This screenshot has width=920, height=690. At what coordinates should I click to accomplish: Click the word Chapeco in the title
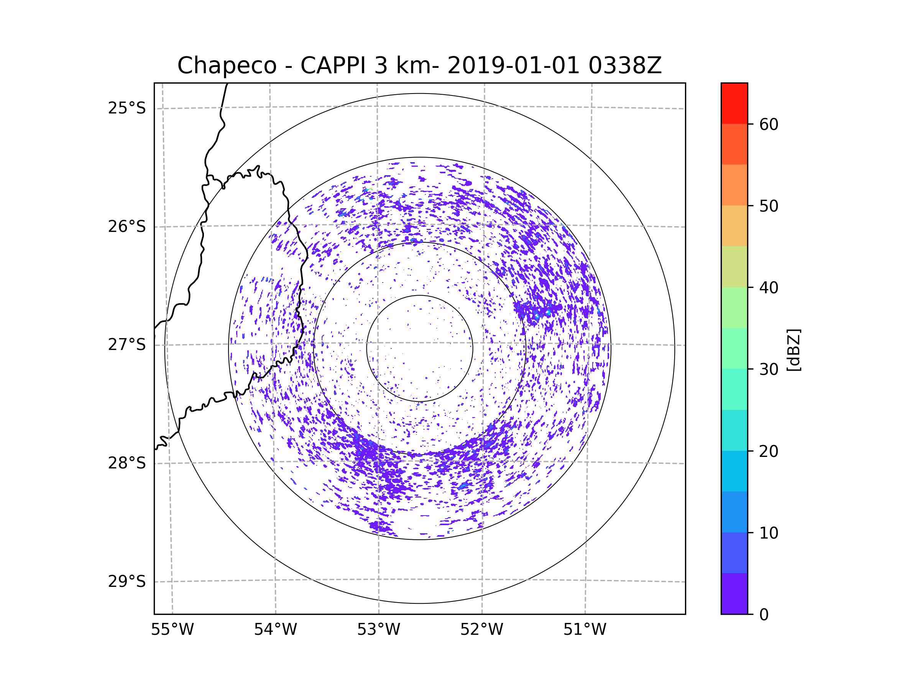227,66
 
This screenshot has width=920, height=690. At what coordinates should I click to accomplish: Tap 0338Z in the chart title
625,66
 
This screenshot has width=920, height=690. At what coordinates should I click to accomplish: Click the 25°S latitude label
127,108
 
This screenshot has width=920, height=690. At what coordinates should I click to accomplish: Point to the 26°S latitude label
127,227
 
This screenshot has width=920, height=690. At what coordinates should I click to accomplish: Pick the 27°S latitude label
127,345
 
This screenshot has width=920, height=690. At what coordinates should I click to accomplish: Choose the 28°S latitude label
127,463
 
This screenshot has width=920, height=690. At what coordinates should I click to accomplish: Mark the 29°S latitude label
127,582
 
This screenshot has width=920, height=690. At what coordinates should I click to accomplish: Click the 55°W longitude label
172,630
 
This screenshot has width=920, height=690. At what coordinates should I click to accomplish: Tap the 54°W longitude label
275,630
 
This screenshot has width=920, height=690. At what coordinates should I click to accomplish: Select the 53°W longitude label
378,630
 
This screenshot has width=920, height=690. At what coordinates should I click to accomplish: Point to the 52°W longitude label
481,630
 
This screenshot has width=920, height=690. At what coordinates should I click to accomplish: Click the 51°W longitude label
585,630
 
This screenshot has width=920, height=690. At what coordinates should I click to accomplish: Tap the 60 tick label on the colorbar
769,124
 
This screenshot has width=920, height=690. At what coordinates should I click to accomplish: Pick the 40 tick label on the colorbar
769,288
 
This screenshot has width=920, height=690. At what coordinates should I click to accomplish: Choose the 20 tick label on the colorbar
769,451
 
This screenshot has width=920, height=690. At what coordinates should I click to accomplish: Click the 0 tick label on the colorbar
764,615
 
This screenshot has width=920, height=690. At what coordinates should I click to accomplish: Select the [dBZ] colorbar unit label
793,350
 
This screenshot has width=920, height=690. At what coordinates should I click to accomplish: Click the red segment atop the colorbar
734,103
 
